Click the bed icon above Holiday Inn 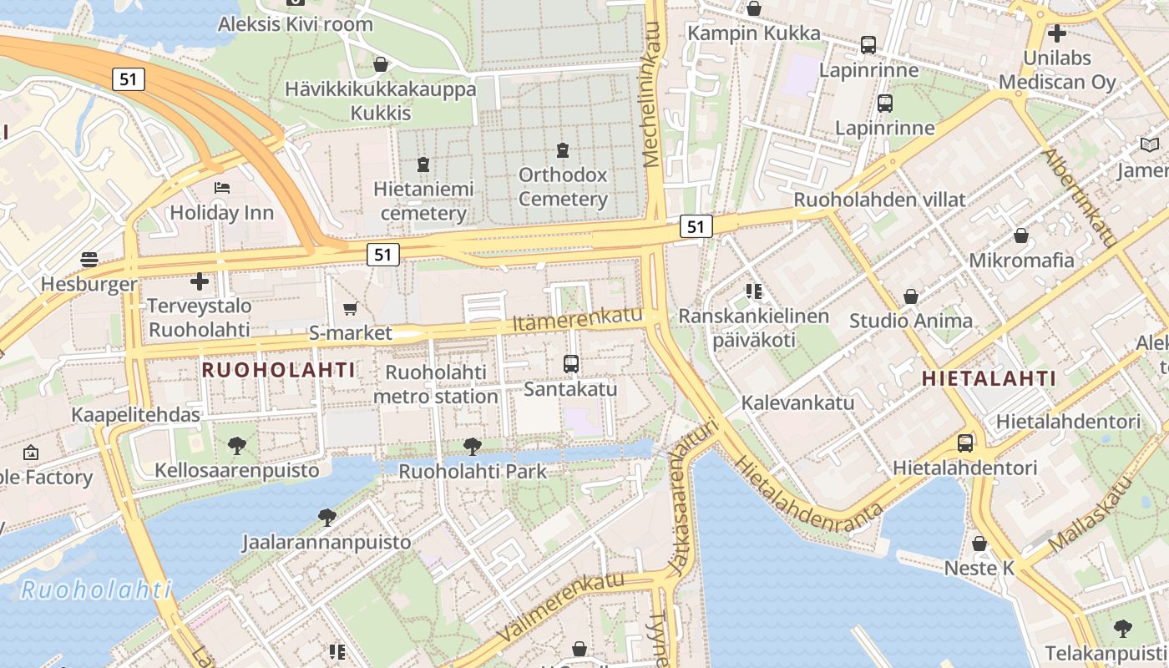[x=221, y=188]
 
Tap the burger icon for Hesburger [x=89, y=259]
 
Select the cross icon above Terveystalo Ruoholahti [x=199, y=281]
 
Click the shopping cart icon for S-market [x=351, y=309]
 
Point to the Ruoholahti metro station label [x=435, y=384]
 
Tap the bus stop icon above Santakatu [x=571, y=364]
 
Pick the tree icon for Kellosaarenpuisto [x=237, y=446]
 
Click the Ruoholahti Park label [x=473, y=471]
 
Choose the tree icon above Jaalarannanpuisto [x=326, y=518]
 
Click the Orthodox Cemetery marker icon [x=563, y=150]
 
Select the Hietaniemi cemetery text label [x=423, y=201]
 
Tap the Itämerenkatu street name [x=577, y=319]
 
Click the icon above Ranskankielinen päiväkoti [x=754, y=291]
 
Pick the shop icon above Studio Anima [x=911, y=296]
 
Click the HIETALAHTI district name [x=989, y=378]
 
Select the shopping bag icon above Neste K [x=979, y=544]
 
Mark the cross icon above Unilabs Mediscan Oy [x=1057, y=33]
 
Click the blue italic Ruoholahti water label [x=96, y=590]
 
